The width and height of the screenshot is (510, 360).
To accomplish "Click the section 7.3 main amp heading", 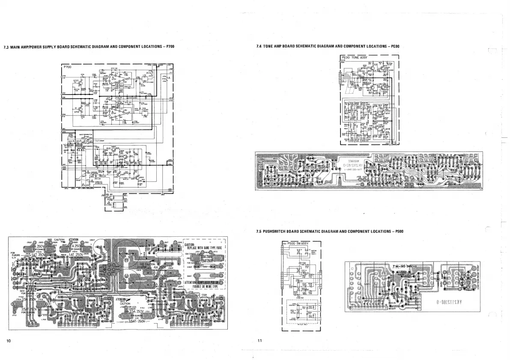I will [x=89, y=46].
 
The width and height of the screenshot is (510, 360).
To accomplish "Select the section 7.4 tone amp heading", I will [x=328, y=46].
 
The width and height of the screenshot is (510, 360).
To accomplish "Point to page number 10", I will [x=8, y=341].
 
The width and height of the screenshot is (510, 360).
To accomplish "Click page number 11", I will [x=259, y=341].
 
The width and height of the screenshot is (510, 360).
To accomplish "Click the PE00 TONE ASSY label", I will [x=355, y=57].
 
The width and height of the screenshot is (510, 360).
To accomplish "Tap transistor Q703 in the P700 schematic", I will [x=76, y=81].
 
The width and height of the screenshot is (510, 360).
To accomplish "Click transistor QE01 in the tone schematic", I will [x=374, y=68].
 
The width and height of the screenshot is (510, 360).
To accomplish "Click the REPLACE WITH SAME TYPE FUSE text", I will [x=203, y=247].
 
